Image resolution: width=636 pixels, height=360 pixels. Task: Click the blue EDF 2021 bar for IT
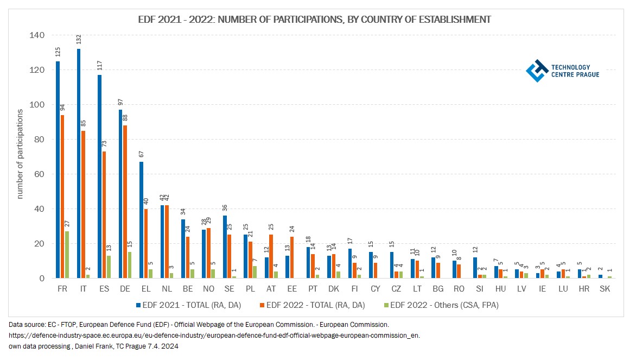[x=79, y=163]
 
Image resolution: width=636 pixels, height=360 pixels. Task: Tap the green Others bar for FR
[x=67, y=255]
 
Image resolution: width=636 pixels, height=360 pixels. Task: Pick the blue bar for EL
[x=141, y=220]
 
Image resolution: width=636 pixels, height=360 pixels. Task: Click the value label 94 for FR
[x=62, y=107]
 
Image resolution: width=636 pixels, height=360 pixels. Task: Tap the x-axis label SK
[x=605, y=289]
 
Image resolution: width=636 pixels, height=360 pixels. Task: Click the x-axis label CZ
[x=396, y=289]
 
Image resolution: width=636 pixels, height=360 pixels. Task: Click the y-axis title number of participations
[x=20, y=154]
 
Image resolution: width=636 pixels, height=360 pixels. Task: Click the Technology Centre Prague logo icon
[x=537, y=71]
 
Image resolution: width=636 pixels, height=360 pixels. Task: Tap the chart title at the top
[x=315, y=20]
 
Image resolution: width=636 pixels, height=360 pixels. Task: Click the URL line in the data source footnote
[x=214, y=336]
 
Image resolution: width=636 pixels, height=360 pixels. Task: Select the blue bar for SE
[x=225, y=247]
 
